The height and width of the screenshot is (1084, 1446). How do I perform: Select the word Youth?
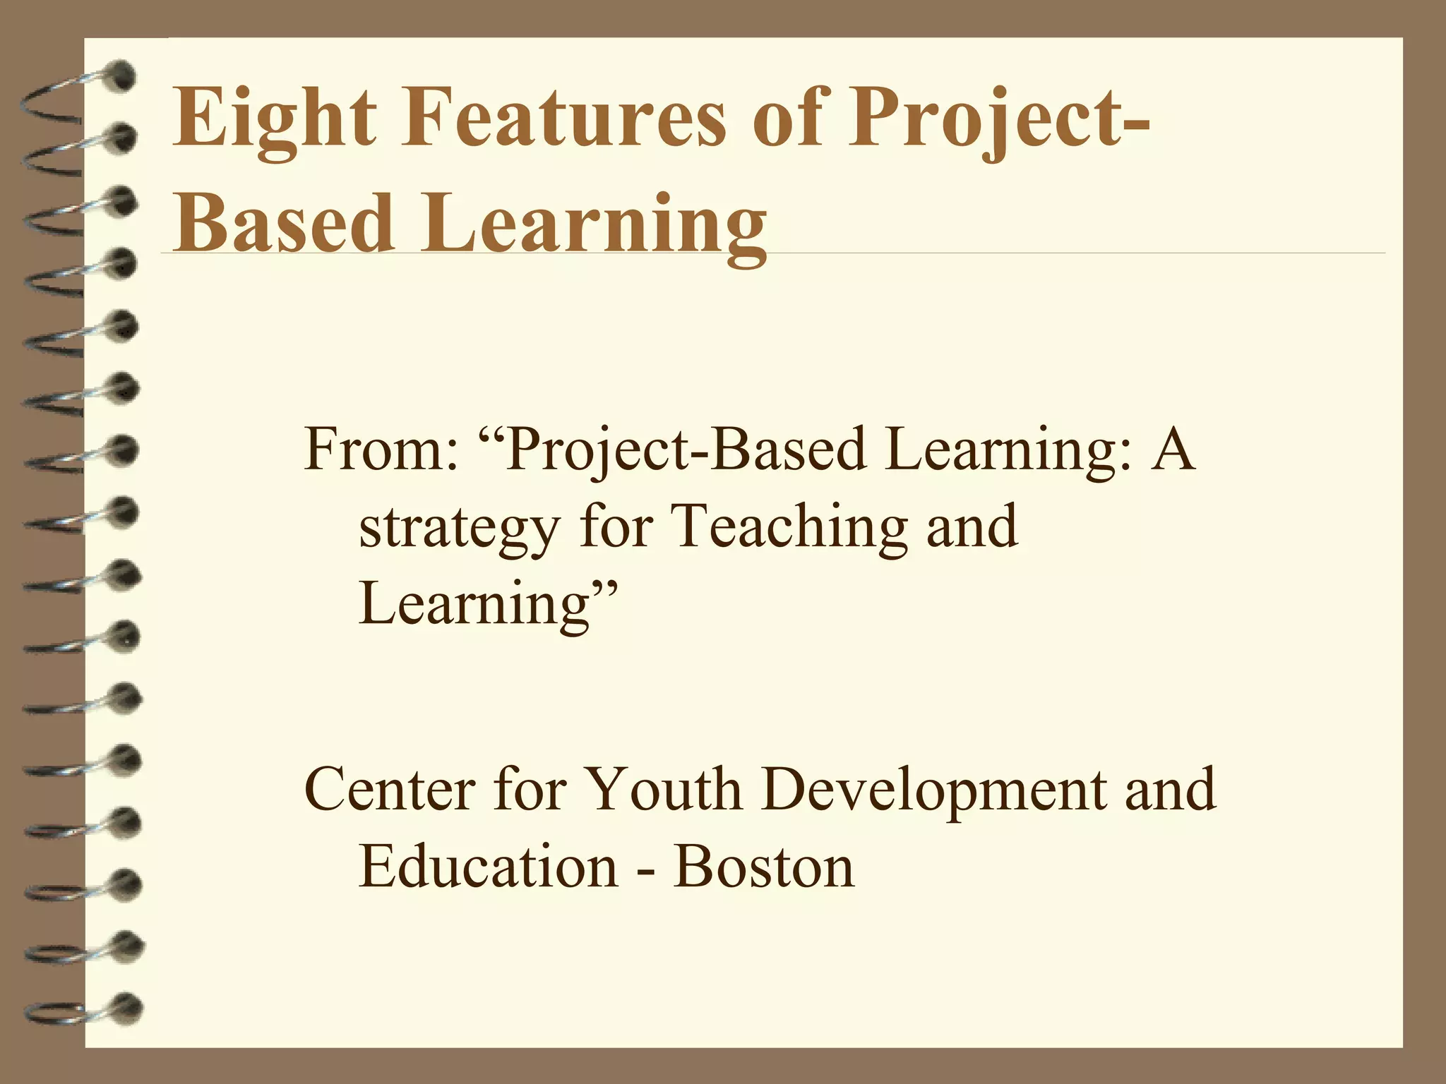(663, 789)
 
